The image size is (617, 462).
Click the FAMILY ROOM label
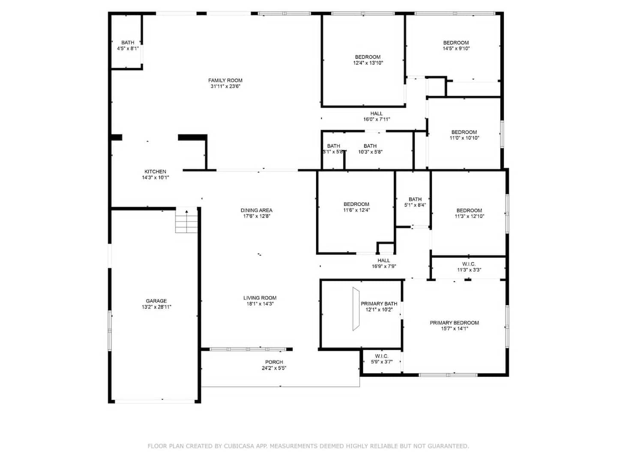pyautogui.click(x=225, y=80)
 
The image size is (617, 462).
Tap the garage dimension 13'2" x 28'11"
pyautogui.click(x=156, y=307)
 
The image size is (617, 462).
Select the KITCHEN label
pyautogui.click(x=155, y=172)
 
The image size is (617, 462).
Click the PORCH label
pyautogui.click(x=274, y=362)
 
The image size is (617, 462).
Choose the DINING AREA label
pyautogui.click(x=256, y=210)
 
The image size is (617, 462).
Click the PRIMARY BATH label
pyautogui.click(x=379, y=304)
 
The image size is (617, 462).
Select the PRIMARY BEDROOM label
pyautogui.click(x=454, y=323)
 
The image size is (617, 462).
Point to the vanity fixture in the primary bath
pyautogui.click(x=356, y=309)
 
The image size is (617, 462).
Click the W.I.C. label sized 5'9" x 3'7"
pyautogui.click(x=381, y=356)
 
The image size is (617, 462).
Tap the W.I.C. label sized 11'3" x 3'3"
pyautogui.click(x=469, y=264)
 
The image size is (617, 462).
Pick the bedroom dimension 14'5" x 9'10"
pyautogui.click(x=456, y=48)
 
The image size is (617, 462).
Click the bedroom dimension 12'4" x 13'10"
pyautogui.click(x=368, y=63)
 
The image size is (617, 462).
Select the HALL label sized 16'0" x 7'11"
pyautogui.click(x=376, y=113)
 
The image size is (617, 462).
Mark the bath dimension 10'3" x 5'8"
pyautogui.click(x=370, y=152)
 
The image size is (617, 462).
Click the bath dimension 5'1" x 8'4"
pyautogui.click(x=415, y=205)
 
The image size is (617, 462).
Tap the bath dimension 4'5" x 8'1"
pyautogui.click(x=128, y=48)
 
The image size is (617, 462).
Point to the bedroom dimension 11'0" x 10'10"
pyautogui.click(x=464, y=138)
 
